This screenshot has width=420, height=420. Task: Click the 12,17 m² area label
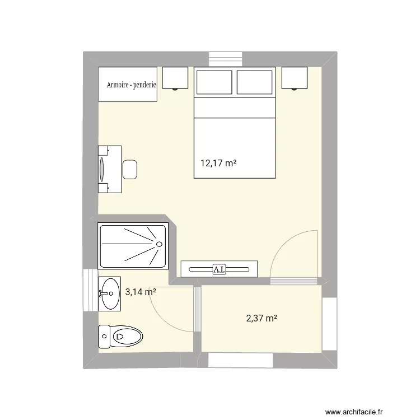218,164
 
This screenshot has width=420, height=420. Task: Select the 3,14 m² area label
140,291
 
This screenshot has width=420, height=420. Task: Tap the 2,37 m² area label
262,319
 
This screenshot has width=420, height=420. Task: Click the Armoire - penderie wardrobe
128,85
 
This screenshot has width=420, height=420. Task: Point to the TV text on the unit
218,269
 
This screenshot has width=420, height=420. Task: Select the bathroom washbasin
110,293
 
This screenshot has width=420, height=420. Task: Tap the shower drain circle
160,244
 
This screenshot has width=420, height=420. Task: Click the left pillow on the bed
214,82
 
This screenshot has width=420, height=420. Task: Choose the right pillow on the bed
255,82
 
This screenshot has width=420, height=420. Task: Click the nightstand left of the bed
175,77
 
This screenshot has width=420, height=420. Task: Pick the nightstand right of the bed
295,77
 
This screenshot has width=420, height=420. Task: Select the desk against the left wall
110,169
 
